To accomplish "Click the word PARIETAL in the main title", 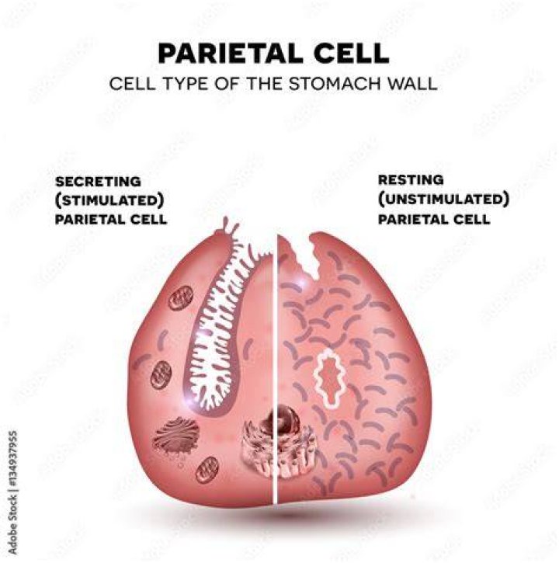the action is (231, 54).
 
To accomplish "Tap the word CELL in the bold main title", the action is (351, 54).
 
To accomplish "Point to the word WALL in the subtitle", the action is (411, 84).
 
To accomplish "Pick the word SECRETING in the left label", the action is (98, 181).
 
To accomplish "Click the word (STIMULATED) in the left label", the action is (109, 200).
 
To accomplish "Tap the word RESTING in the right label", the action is (411, 179).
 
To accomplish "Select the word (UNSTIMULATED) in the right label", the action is (443, 199).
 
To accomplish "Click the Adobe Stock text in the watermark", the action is (12, 525).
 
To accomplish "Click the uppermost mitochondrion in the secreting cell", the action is (181, 298).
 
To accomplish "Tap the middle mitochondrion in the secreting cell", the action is (161, 375).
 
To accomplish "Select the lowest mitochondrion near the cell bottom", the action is (207, 470).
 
